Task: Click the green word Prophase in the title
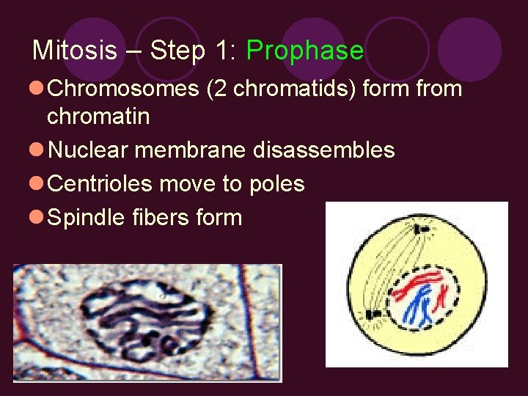[304, 51]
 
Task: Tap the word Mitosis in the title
[74, 51]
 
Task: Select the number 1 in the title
[220, 51]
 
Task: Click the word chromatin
[98, 116]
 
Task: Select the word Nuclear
[88, 150]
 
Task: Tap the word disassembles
[323, 150]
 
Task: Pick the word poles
[276, 183]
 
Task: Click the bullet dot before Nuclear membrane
[37, 150]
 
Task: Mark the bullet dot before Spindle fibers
[37, 218]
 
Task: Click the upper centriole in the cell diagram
[422, 230]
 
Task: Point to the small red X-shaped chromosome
[442, 296]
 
